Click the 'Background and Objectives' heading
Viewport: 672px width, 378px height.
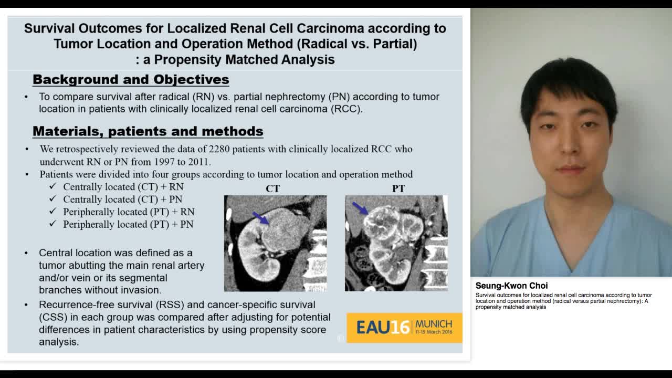(x=131, y=79)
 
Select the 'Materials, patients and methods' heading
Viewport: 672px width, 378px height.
(x=148, y=131)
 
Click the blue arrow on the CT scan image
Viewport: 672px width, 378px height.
(x=260, y=217)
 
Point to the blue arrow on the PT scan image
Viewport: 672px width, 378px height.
(x=360, y=208)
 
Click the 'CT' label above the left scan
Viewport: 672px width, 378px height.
(x=273, y=188)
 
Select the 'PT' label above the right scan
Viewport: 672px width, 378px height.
(x=398, y=188)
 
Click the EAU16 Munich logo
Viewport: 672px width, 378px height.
(x=404, y=328)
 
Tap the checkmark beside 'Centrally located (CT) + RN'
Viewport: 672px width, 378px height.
(x=52, y=187)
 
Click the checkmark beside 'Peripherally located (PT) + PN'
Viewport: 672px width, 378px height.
(x=52, y=224)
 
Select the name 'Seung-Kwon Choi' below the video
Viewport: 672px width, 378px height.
(x=511, y=286)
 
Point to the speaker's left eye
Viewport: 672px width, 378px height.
(x=589, y=125)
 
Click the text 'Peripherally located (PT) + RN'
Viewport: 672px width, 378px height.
(x=129, y=212)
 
